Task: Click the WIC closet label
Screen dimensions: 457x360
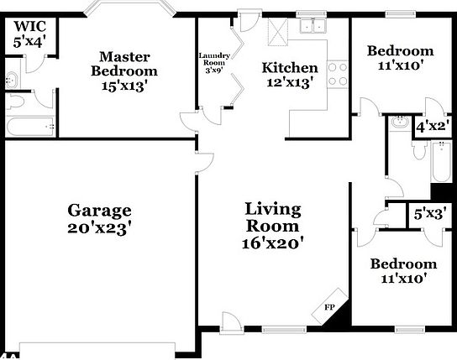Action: pos(30,27)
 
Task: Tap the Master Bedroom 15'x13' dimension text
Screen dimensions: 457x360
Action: pos(123,86)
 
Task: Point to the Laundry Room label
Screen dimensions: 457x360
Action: pos(214,59)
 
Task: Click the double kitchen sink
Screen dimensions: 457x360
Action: pos(313,26)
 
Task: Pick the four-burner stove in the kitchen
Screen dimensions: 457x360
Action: pos(338,74)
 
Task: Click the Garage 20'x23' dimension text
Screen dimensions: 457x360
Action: pos(99,229)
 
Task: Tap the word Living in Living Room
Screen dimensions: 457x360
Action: pos(273,210)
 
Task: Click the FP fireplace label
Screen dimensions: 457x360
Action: pos(329,307)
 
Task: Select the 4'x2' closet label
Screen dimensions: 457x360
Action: pos(433,127)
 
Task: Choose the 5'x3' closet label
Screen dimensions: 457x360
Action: pos(428,215)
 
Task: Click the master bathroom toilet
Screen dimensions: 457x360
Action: pos(15,102)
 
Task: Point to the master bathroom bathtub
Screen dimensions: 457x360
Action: pos(30,127)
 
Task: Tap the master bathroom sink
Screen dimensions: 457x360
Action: pos(13,80)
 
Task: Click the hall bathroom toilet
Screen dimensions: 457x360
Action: pos(420,150)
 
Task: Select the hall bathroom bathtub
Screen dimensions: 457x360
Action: pos(442,161)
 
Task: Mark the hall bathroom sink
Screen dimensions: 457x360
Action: pos(400,122)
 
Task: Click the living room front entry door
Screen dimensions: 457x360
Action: pos(231,321)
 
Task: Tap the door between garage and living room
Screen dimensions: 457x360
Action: pos(204,163)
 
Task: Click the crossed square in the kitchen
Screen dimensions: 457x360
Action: pos(277,32)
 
